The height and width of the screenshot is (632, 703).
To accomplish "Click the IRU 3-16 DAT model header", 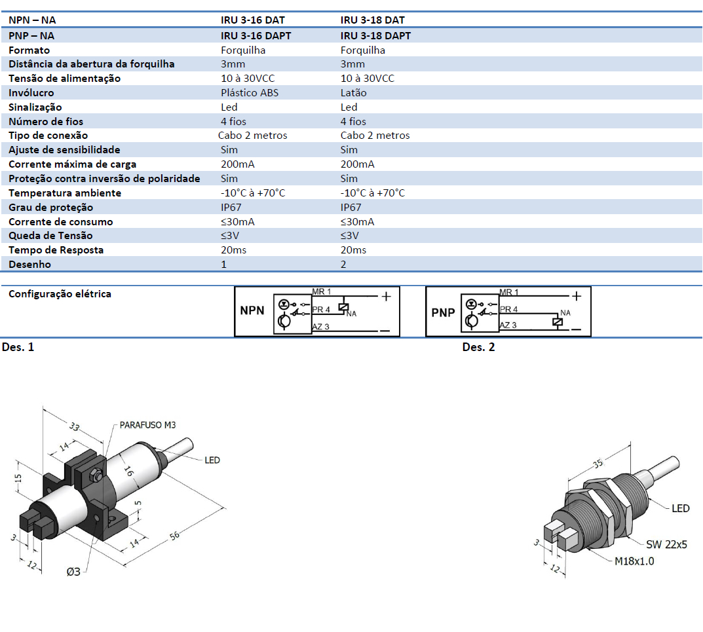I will (x=252, y=20).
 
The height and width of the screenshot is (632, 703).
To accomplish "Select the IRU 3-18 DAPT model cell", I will (x=375, y=35).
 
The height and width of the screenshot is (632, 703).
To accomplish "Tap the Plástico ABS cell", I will (x=250, y=92).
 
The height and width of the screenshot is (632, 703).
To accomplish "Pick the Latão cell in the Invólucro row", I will (x=354, y=92).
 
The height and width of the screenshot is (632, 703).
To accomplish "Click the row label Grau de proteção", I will (x=50, y=207).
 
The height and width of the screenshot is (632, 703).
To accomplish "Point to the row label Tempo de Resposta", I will (x=56, y=250).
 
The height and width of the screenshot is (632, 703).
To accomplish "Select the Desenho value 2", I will (x=344, y=264).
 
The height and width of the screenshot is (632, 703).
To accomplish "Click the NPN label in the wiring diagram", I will (x=253, y=310).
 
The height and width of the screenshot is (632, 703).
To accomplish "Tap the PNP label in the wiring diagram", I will (x=443, y=312).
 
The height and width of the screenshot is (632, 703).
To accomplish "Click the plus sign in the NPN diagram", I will (x=386, y=297).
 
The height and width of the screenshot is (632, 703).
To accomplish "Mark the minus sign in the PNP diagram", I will (x=577, y=329).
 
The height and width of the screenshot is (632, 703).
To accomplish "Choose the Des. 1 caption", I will (x=18, y=346).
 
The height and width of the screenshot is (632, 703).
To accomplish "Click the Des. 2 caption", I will (x=478, y=346).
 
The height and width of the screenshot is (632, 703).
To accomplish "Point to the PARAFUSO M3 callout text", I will (x=147, y=425).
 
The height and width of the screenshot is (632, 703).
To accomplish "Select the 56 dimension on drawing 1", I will (x=174, y=536).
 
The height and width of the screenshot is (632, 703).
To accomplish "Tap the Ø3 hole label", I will (x=73, y=571).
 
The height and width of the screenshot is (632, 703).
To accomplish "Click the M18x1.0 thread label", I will (x=634, y=561).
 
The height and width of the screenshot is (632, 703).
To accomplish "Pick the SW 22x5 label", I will (x=666, y=544).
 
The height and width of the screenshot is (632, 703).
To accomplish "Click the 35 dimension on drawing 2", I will (x=598, y=464).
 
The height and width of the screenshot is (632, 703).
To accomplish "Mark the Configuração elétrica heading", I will (x=60, y=293).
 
